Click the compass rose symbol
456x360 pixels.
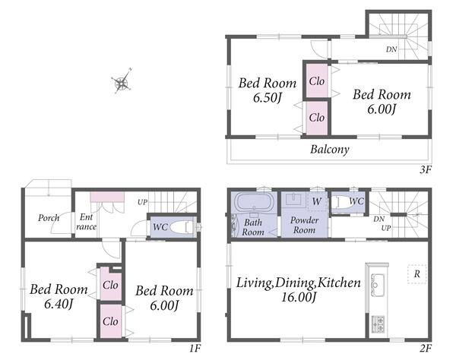(x=122, y=81)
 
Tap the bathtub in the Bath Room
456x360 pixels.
(x=254, y=202)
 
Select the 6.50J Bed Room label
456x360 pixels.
(x=268, y=90)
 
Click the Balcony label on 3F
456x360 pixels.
(x=330, y=150)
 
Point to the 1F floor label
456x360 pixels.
(x=195, y=348)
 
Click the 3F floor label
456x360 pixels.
(x=425, y=169)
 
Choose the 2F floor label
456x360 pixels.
(x=425, y=348)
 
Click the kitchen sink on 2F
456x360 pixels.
(x=378, y=285)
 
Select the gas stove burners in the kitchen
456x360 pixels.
(x=378, y=324)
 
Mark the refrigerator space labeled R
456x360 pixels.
(x=417, y=273)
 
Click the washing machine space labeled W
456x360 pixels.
(x=317, y=201)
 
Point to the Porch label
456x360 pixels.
(x=49, y=218)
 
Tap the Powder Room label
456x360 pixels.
(x=304, y=225)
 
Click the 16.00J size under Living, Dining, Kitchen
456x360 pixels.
(x=298, y=297)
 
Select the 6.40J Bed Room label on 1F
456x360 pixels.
(x=59, y=296)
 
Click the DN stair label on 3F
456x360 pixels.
(x=391, y=49)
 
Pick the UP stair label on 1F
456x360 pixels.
(x=143, y=202)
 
